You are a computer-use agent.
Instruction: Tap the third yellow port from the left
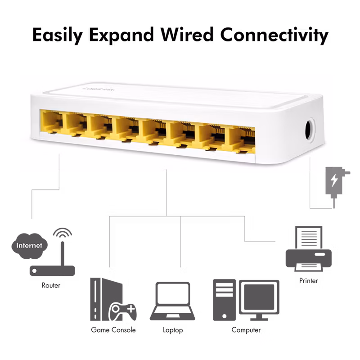[x=99, y=126]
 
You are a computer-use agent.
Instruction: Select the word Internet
[x=29, y=246]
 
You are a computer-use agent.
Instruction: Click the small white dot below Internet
[x=34, y=270]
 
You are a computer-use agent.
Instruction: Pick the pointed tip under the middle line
[x=166, y=173]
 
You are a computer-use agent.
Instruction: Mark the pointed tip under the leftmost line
[x=59, y=173]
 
